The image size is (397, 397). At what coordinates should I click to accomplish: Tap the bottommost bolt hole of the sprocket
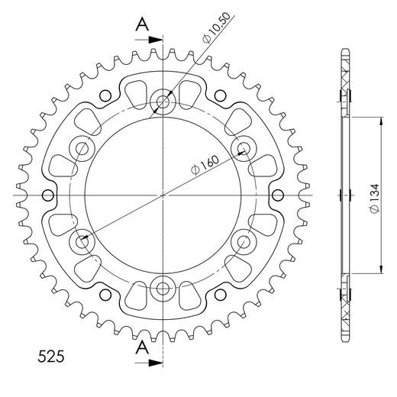[163, 289]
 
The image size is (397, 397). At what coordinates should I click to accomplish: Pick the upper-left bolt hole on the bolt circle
[82, 147]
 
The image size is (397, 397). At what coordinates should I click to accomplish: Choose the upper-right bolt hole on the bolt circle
[245, 147]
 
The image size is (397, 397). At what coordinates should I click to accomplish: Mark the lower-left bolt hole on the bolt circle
[82, 242]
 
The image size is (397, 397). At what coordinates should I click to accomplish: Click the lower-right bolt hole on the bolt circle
[245, 242]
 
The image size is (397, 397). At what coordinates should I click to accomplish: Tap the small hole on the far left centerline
[49, 195]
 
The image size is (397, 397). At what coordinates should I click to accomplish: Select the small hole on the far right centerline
[278, 195]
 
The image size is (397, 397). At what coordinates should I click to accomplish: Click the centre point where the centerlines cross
[163, 195]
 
